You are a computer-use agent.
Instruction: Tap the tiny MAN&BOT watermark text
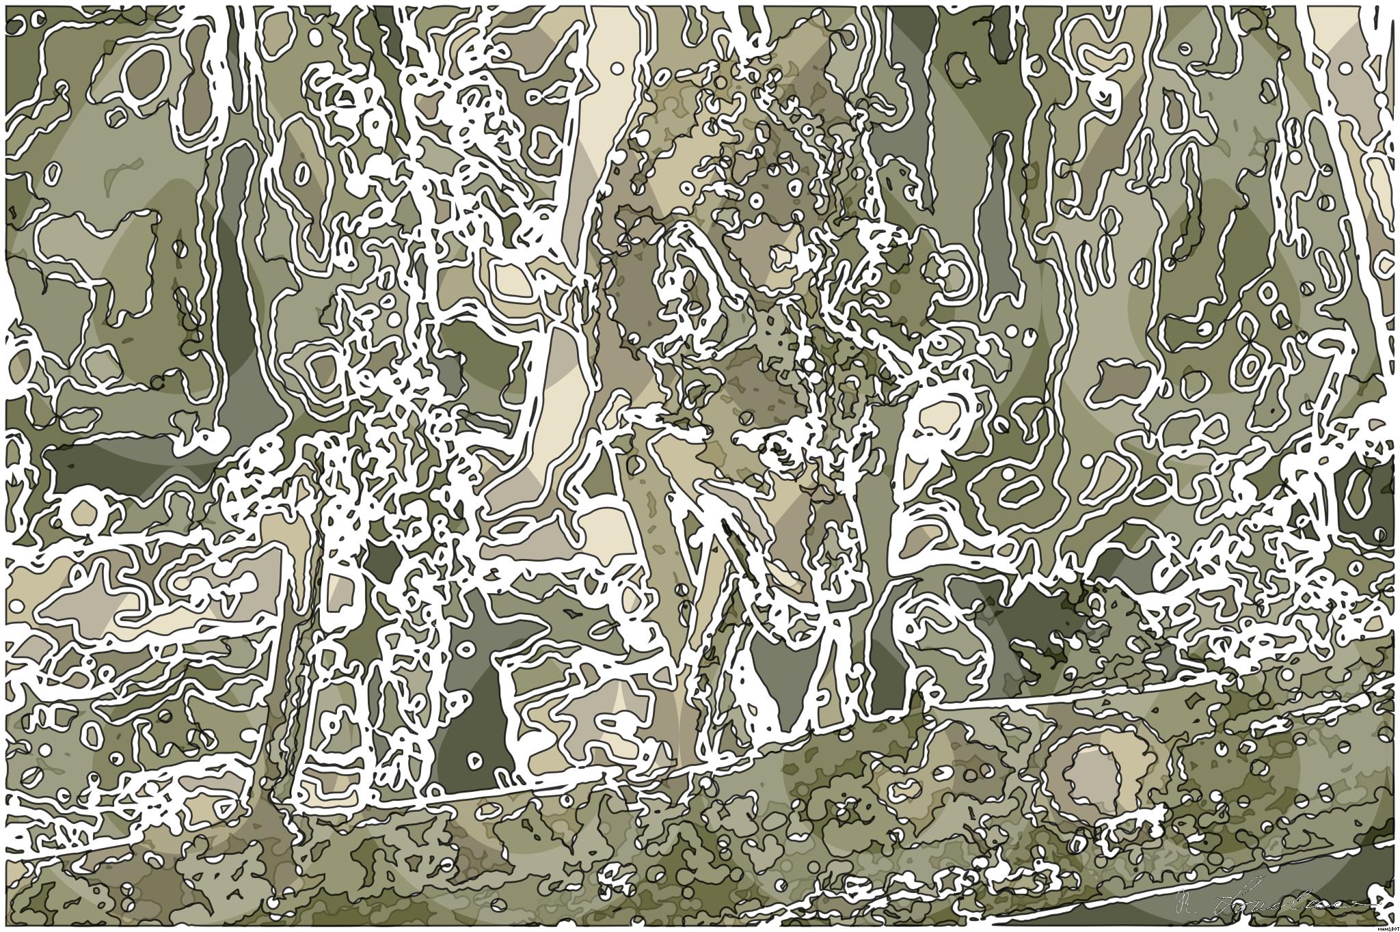coord(1388,928)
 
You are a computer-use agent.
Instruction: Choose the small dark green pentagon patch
coord(383,560)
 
